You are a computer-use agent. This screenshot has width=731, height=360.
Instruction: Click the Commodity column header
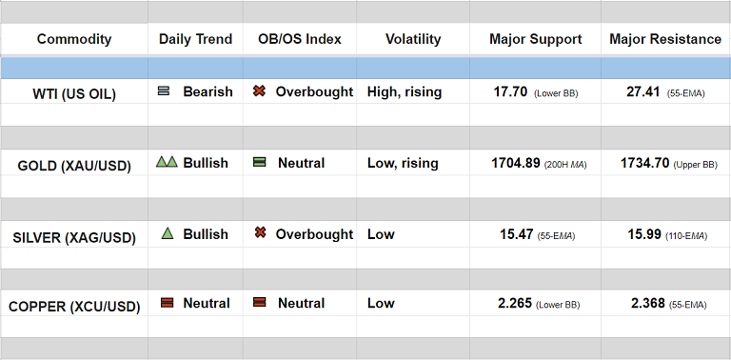74,39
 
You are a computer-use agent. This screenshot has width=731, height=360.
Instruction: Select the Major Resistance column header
665,39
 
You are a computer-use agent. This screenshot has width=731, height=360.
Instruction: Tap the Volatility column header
413,39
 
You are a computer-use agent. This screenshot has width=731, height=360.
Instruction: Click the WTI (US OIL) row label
74,94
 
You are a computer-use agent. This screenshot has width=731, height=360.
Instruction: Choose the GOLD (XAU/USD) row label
74,166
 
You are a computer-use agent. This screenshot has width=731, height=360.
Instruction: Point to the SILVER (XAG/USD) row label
74,238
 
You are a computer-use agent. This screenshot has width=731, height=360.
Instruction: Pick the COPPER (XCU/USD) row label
74,307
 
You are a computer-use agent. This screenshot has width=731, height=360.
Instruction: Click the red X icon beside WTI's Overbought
259,90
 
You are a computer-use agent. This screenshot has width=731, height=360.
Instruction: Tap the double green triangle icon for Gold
167,162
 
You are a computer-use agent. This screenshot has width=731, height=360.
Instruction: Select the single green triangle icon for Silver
168,233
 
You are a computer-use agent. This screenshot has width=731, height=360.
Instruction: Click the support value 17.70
510,91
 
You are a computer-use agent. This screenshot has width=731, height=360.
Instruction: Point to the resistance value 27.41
642,91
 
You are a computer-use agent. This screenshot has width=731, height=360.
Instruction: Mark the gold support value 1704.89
516,163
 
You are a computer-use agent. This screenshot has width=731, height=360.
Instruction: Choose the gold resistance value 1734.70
645,163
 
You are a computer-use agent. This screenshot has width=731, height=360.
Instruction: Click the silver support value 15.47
517,234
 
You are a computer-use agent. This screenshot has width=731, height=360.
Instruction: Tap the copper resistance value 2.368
648,304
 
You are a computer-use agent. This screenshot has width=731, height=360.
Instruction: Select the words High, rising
405,91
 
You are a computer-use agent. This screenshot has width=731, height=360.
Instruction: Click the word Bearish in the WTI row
207,91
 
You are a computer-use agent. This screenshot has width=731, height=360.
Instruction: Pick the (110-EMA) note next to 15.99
686,236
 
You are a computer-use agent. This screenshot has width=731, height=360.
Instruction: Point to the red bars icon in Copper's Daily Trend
167,303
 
